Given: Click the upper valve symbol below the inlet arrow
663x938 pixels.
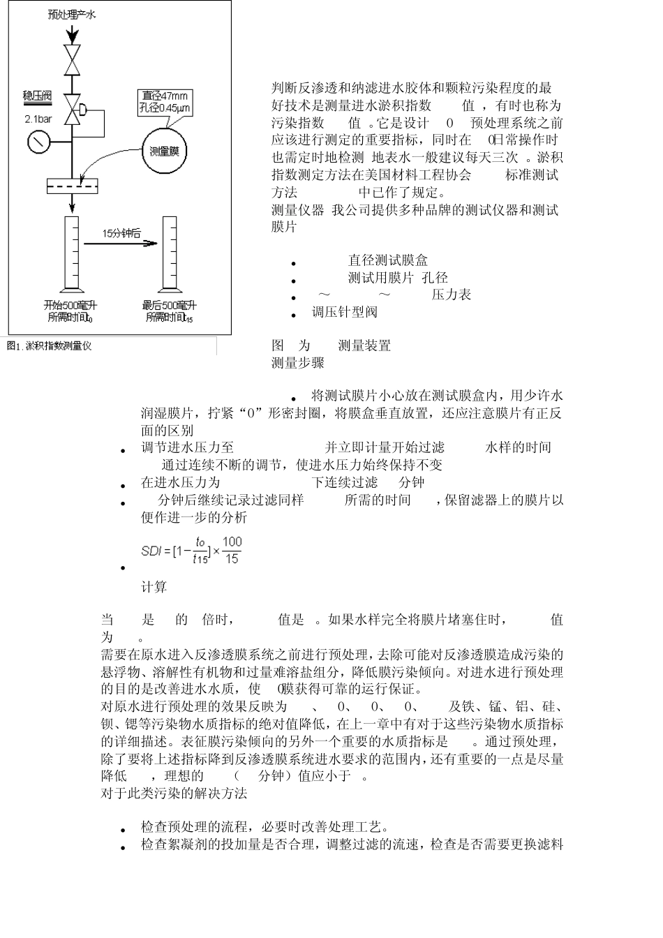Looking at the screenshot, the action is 72,59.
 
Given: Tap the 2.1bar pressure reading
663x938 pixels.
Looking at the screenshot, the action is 38,119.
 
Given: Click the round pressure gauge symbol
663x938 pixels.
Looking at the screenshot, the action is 38,142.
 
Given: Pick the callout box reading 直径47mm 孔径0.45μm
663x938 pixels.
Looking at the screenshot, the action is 165,102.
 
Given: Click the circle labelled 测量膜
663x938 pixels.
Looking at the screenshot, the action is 165,151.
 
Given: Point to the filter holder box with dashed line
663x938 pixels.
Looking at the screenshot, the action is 72,186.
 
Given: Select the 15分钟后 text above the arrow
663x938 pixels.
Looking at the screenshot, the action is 121,233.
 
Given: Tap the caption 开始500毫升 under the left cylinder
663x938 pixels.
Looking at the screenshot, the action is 70,306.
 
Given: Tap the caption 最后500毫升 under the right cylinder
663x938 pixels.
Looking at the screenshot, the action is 169,306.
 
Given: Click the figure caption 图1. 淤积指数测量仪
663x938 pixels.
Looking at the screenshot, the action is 49,345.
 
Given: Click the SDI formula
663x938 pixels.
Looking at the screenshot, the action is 191,551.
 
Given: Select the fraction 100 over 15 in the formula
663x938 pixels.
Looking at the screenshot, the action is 232,550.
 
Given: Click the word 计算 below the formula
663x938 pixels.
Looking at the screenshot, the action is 154,587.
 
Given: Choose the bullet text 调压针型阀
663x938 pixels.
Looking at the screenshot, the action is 344,312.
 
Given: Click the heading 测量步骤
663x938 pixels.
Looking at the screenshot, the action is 298,362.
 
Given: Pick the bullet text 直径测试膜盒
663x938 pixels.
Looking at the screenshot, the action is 388,260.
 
